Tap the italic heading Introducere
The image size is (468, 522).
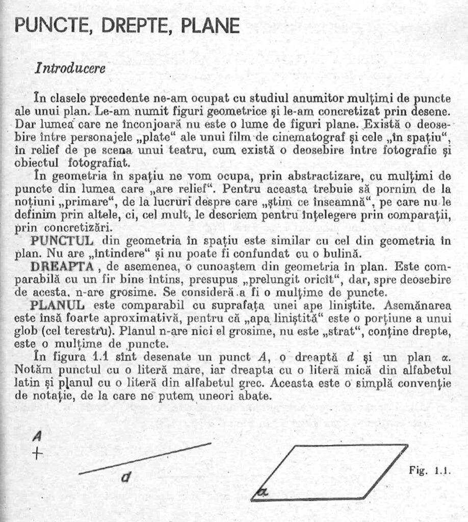70,68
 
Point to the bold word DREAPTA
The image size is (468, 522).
62,267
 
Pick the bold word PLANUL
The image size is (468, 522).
58,306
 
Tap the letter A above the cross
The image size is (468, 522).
37,436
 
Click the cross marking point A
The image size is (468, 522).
37,453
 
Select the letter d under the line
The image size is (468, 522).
126,477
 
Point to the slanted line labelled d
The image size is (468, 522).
145,458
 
